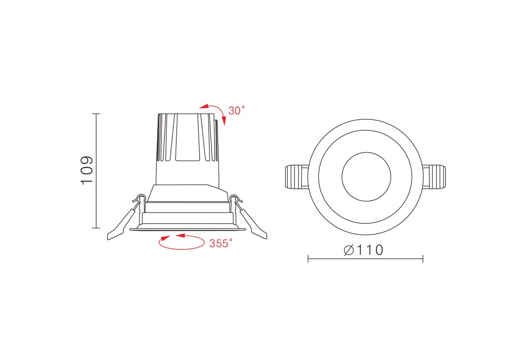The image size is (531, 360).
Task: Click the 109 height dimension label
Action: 87,170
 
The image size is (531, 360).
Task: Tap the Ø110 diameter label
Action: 363,250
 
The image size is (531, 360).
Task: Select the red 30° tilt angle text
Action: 236,111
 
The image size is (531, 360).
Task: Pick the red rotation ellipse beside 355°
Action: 182,249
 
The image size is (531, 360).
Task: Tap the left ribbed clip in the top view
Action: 296,177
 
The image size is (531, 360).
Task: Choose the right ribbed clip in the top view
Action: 434,177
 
